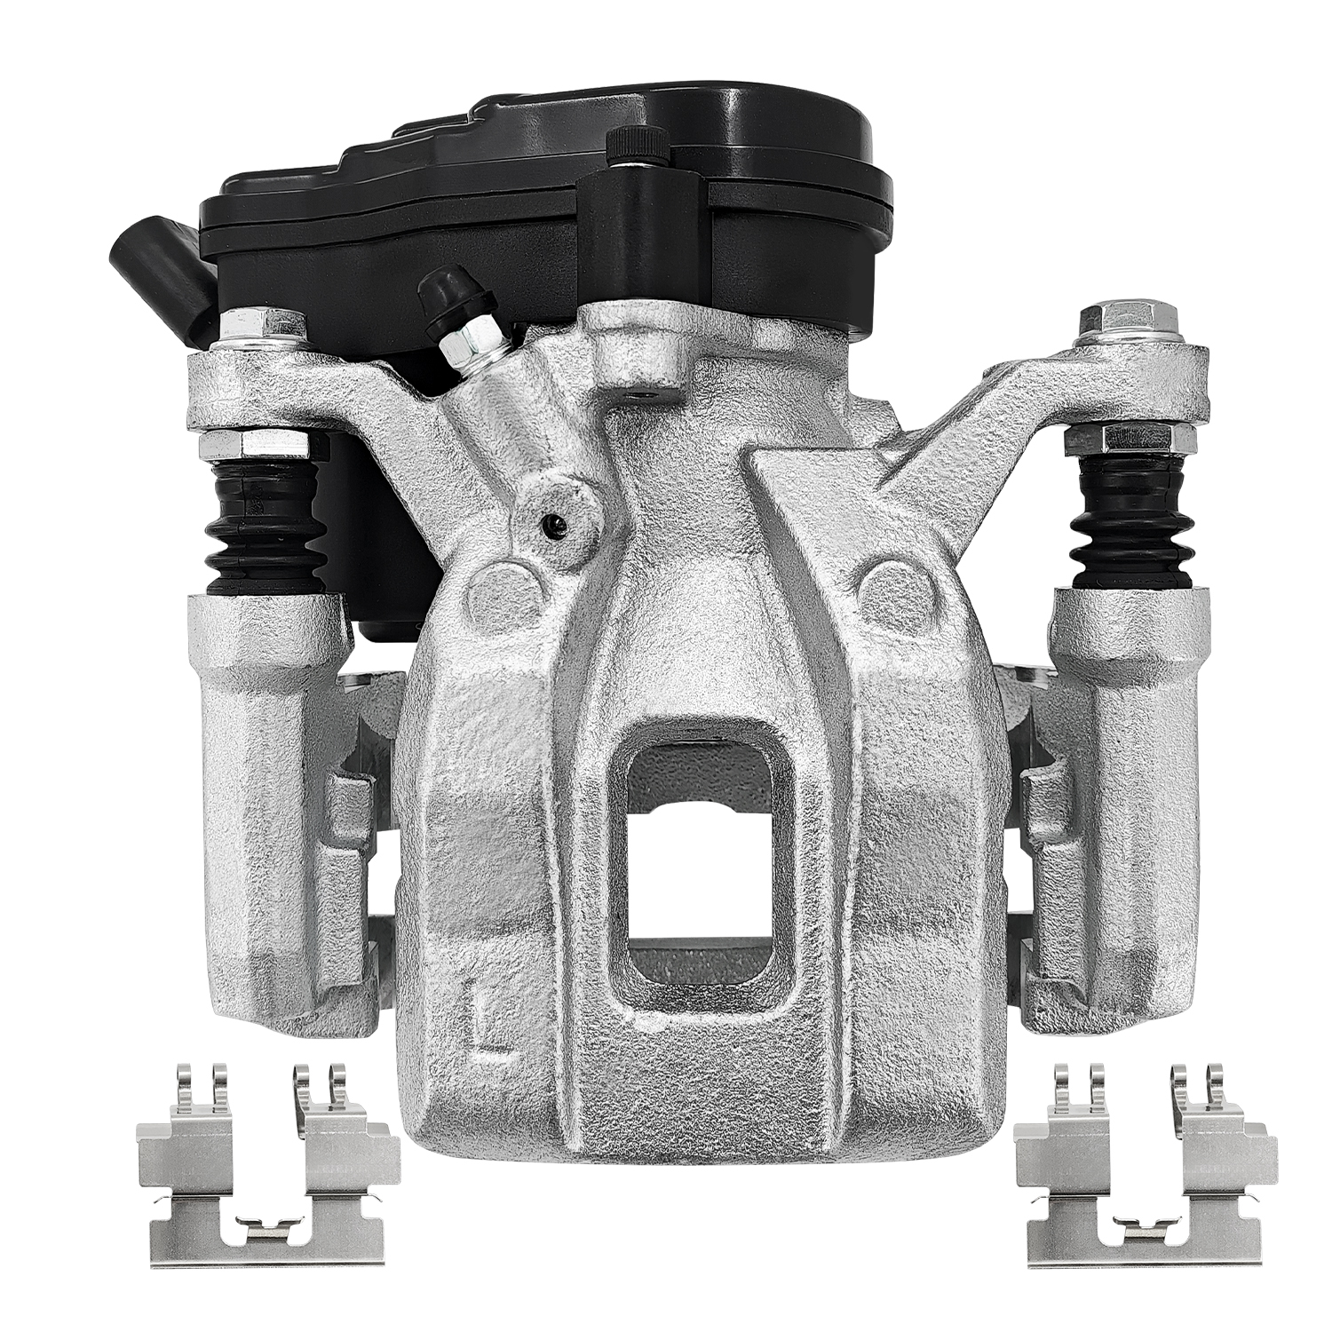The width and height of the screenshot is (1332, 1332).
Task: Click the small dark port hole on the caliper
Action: pyautogui.click(x=554, y=526)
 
